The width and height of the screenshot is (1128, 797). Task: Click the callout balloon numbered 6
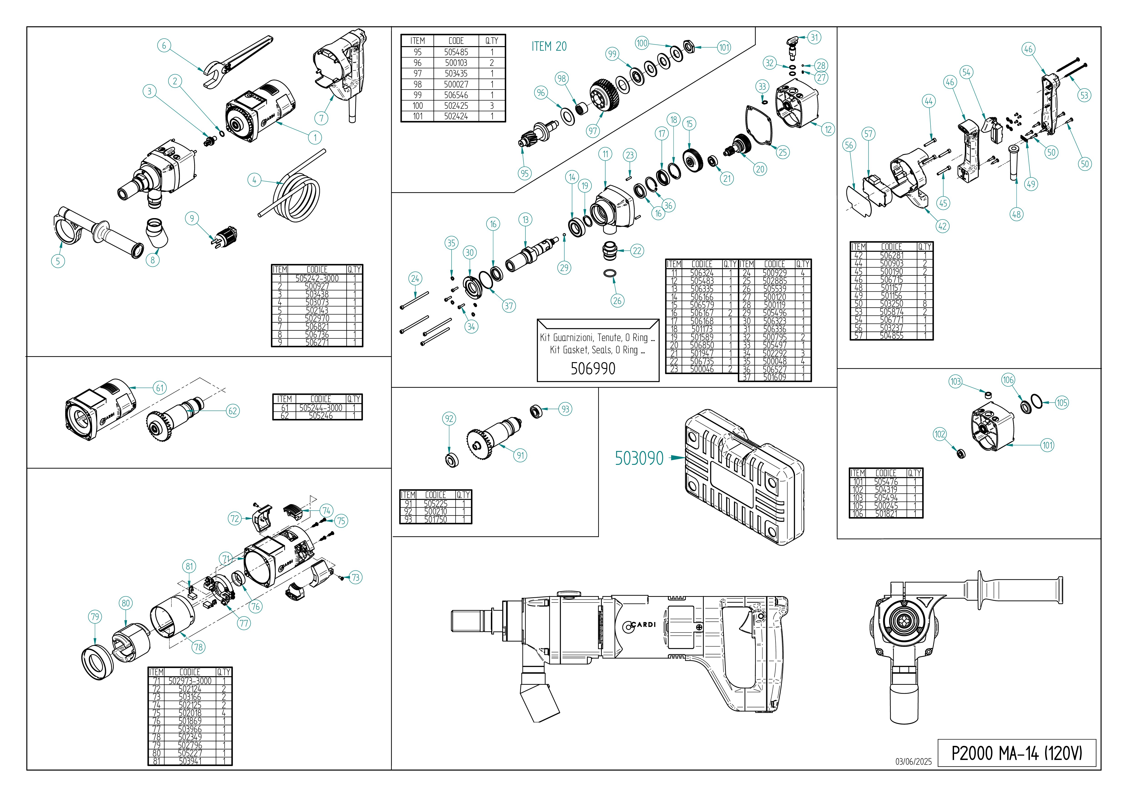164,46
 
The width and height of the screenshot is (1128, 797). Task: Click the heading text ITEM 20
549,47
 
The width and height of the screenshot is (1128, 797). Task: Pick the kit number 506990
593,369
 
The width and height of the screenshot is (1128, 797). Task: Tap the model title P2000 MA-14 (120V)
1016,753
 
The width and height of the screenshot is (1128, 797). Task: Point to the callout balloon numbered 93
565,409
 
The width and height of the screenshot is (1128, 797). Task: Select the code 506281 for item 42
891,256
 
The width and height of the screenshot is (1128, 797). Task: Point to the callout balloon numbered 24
415,279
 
